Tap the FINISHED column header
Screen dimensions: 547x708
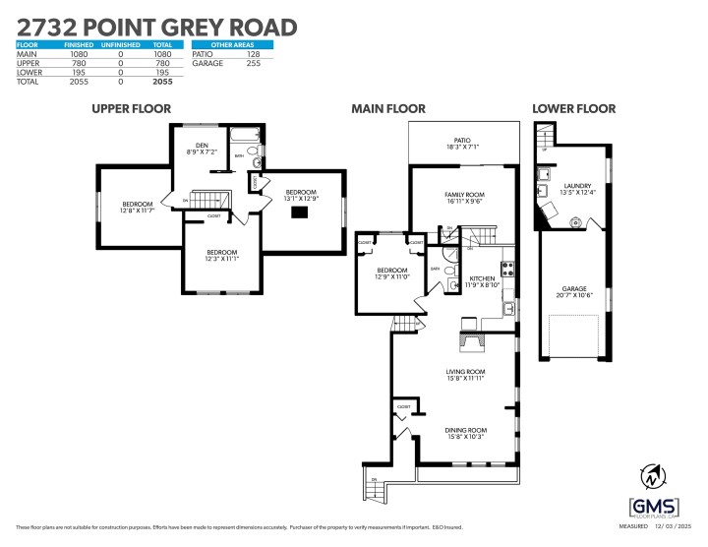[79, 44]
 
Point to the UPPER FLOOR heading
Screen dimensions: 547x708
[137, 109]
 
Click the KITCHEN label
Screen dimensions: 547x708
[482, 279]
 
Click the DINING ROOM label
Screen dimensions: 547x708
[466, 430]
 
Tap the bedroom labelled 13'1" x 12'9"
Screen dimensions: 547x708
[301, 195]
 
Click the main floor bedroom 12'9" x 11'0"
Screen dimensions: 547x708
[392, 273]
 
